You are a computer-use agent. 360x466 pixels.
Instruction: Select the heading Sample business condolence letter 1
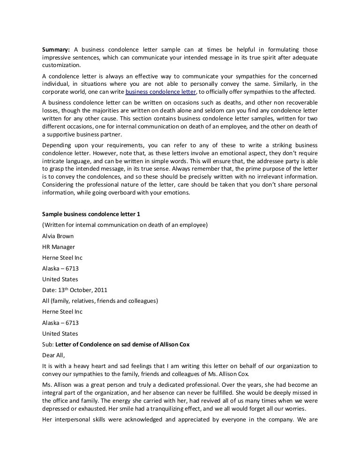[x=91, y=214]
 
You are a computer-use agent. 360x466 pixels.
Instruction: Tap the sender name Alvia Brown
[x=58, y=236]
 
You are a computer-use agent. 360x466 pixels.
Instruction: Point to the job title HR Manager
[x=58, y=247]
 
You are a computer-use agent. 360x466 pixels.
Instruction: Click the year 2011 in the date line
[x=107, y=290]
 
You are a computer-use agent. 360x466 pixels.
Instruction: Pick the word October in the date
[x=83, y=290]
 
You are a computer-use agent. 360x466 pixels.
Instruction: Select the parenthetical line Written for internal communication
[x=125, y=225]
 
